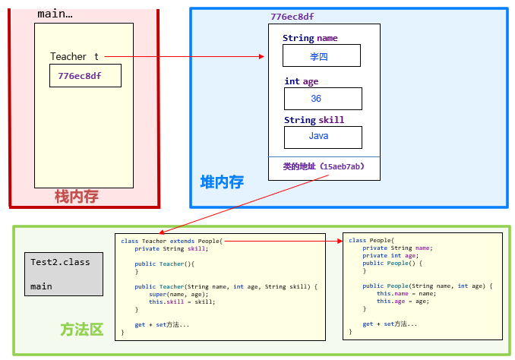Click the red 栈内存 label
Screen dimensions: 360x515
tap(76, 197)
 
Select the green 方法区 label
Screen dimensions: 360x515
tap(81, 330)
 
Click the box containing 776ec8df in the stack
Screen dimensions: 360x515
tap(85, 76)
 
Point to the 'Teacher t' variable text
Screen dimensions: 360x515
tap(74, 57)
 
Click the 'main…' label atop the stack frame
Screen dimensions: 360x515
tap(55, 14)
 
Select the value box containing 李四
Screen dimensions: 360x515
tap(321, 56)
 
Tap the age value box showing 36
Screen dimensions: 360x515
tap(322, 99)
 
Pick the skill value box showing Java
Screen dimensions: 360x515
tap(322, 137)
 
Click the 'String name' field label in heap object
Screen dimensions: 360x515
tap(310, 38)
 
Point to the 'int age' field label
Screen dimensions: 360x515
tap(302, 81)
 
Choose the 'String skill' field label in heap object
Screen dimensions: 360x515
tap(314, 120)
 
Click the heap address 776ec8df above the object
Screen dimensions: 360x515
tap(292, 16)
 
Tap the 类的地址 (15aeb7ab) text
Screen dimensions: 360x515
tap(324, 166)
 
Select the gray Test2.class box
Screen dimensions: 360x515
tap(63, 273)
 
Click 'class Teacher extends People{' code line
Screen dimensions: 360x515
tap(171, 240)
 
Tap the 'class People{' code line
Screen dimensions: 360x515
tap(372, 240)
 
